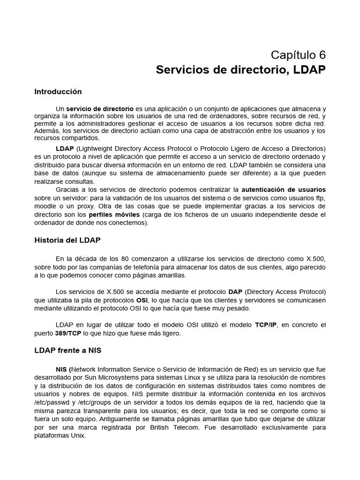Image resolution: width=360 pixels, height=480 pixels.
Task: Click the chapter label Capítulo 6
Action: click(x=299, y=55)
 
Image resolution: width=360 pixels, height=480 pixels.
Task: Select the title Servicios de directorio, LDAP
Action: click(x=240, y=70)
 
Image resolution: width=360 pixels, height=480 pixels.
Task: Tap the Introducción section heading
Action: click(x=58, y=92)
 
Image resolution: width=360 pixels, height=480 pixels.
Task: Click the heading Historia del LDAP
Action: click(x=67, y=240)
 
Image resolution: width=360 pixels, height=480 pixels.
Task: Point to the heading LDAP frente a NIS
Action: click(x=67, y=351)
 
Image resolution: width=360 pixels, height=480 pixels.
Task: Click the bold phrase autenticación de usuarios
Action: click(x=283, y=190)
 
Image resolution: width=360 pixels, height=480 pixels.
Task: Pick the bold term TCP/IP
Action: click(x=266, y=325)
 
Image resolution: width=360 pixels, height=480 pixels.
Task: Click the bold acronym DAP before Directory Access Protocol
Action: click(x=235, y=292)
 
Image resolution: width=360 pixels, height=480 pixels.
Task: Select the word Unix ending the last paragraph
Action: click(x=79, y=436)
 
